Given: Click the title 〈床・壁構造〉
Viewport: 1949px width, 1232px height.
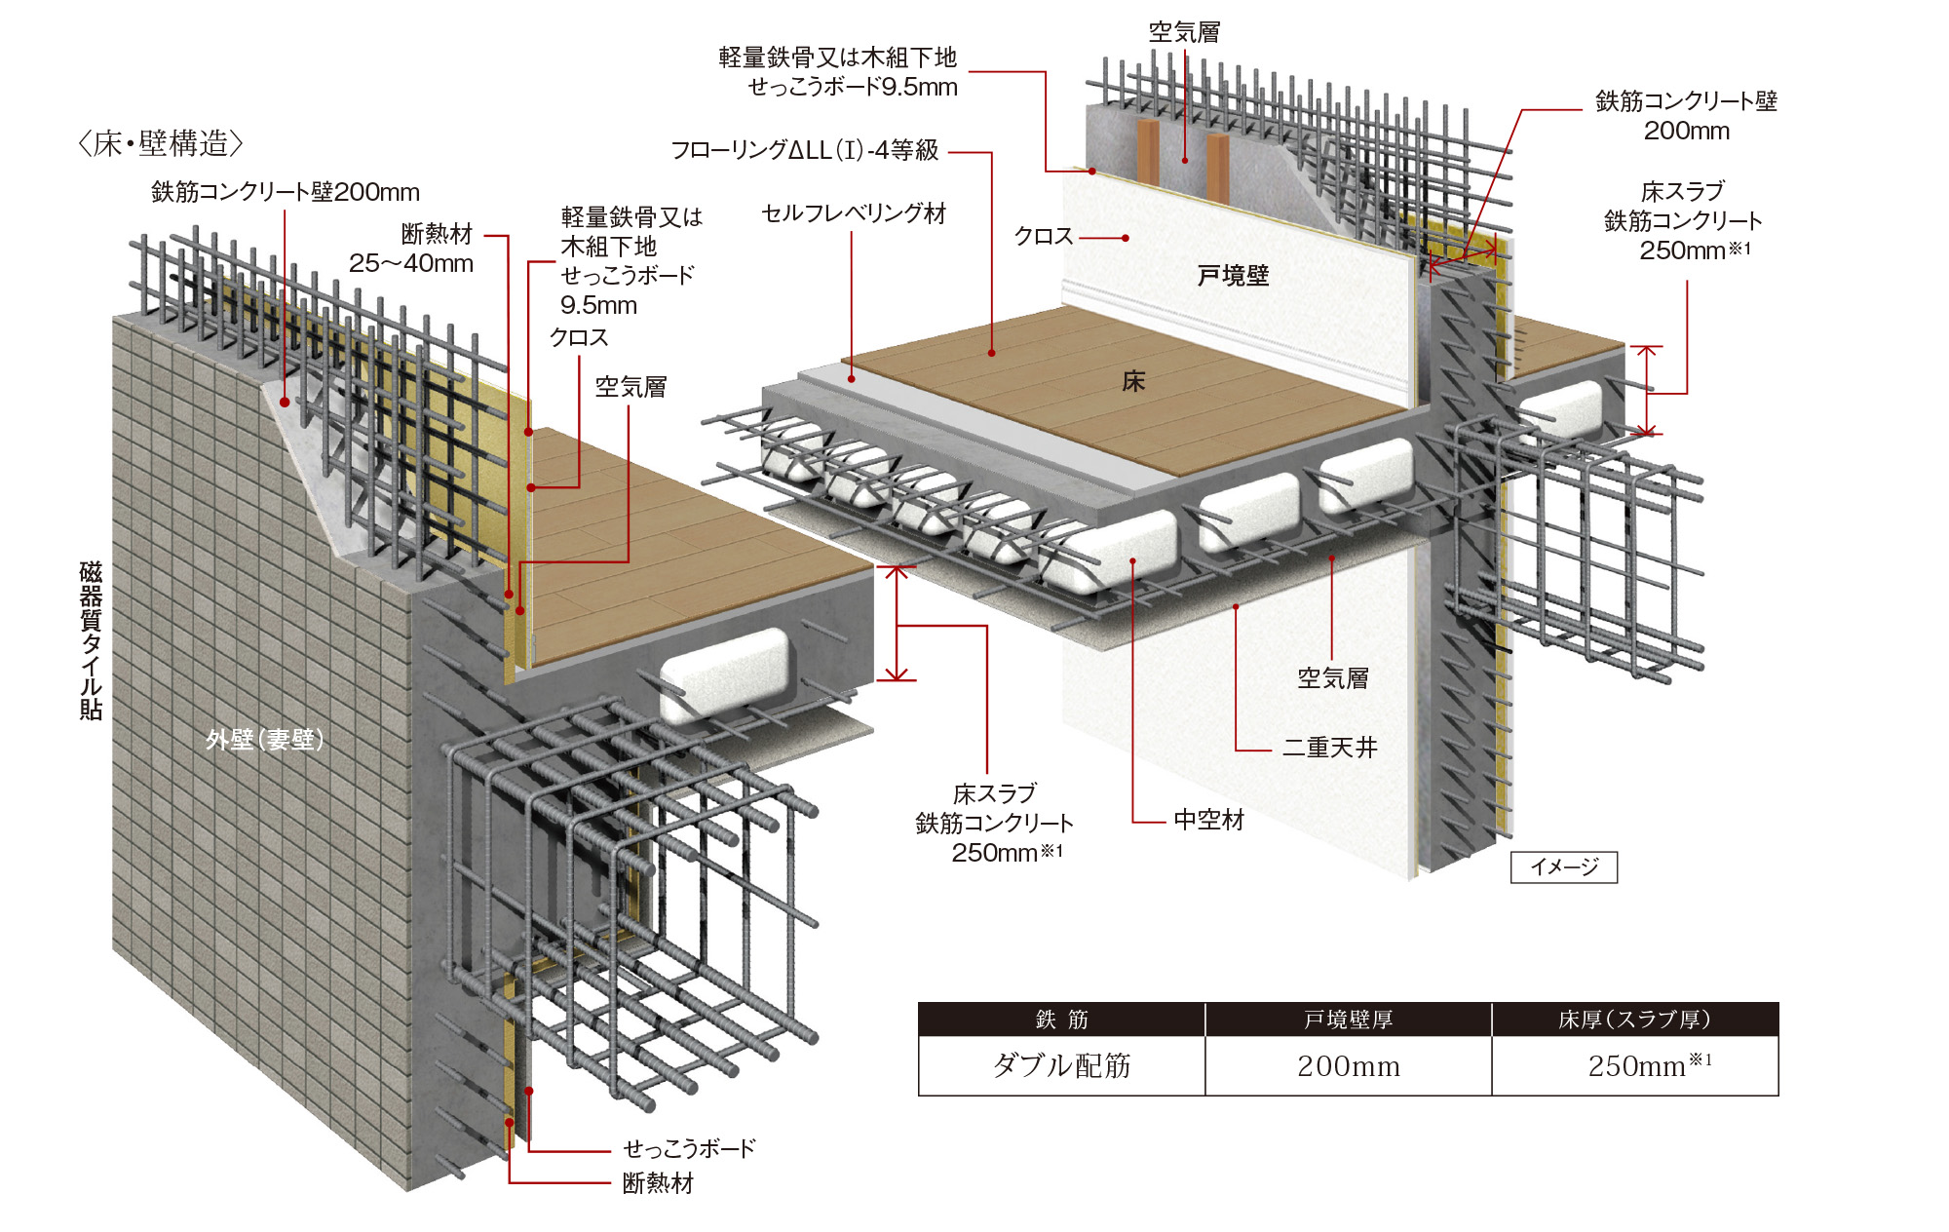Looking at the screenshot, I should (x=160, y=144).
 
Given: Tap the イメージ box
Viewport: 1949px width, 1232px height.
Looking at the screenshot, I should (x=1563, y=866).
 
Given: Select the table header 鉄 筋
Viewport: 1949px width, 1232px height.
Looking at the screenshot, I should (x=1061, y=1020).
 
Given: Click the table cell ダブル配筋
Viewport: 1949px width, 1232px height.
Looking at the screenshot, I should (x=1061, y=1065).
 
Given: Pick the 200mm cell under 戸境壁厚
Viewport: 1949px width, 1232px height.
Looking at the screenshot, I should (x=1348, y=1066).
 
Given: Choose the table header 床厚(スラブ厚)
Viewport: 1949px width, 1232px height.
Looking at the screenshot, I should (x=1634, y=1020).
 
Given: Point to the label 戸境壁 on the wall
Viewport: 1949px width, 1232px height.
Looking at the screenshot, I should (x=1233, y=276).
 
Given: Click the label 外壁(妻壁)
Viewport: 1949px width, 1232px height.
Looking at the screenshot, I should (x=264, y=740).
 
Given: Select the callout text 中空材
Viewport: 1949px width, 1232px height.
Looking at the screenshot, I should (x=1208, y=820).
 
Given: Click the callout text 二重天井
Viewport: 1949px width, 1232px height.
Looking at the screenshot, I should (x=1329, y=748).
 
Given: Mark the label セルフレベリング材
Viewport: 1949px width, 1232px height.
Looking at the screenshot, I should (x=854, y=213).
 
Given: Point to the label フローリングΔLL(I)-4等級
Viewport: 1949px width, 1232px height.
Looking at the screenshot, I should (x=804, y=150).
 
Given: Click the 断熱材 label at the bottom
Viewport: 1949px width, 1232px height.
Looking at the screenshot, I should (x=658, y=1183).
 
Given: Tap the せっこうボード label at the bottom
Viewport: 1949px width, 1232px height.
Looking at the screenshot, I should (x=689, y=1148).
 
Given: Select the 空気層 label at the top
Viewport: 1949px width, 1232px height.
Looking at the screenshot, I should (x=1184, y=32).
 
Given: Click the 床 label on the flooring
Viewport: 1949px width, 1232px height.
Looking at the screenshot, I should (x=1132, y=381).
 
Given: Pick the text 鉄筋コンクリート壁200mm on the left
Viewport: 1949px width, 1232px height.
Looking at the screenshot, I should (x=285, y=192).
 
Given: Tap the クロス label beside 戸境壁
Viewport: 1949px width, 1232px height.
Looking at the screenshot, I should (x=1043, y=237).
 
